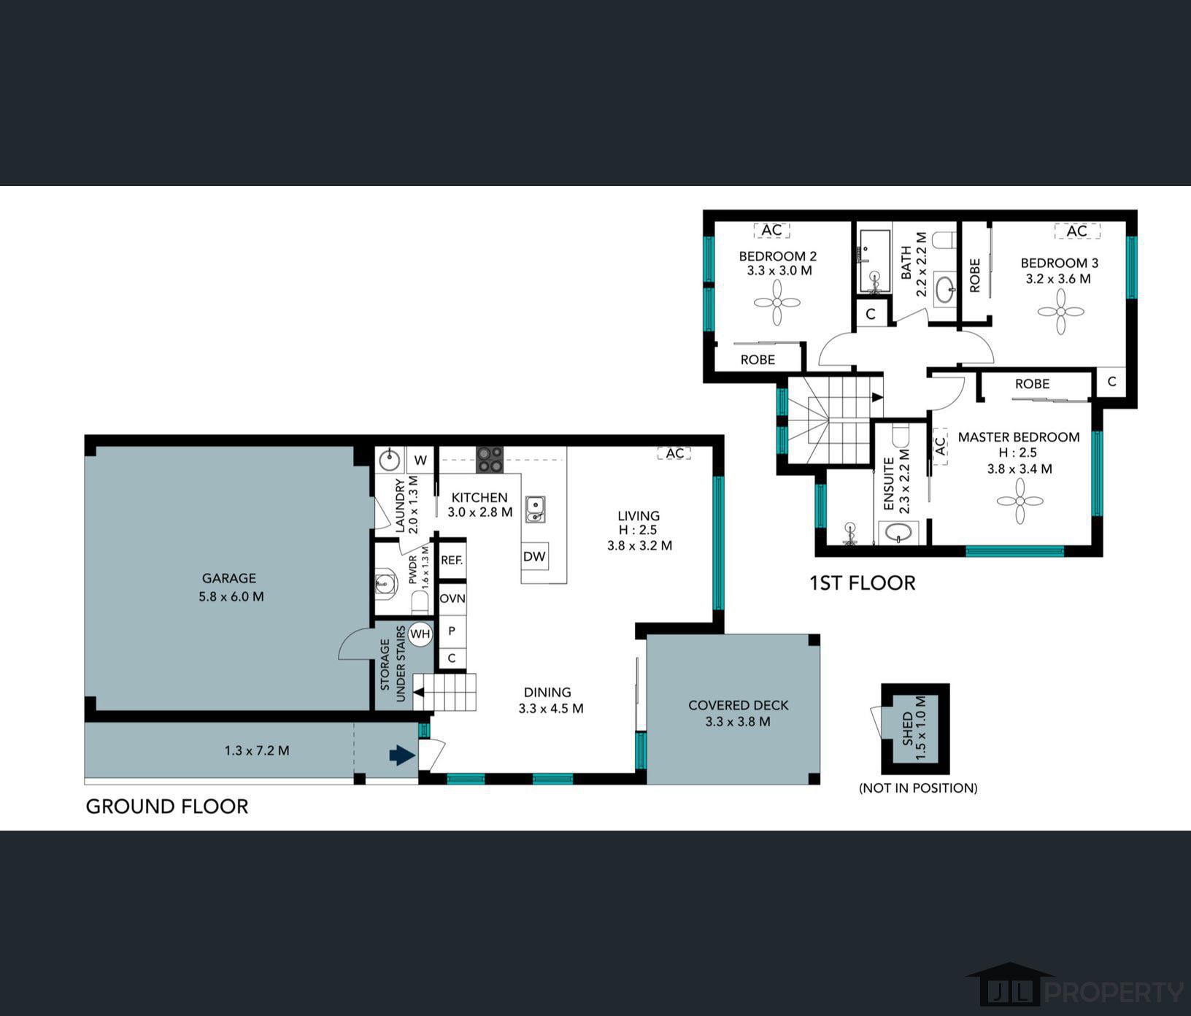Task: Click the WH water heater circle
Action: [x=420, y=634]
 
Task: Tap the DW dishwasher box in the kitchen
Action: [x=534, y=556]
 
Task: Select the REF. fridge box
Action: [x=452, y=561]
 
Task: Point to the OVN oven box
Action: [x=452, y=599]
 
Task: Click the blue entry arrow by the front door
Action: [x=402, y=755]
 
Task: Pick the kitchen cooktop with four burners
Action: [x=490, y=459]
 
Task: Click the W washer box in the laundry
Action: [x=420, y=461]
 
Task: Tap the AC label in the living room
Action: [x=675, y=453]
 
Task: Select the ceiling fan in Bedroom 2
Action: [x=776, y=302]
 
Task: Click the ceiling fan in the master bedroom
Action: [x=1020, y=501]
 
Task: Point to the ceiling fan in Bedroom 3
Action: [x=1060, y=312]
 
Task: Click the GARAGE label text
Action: [x=229, y=578]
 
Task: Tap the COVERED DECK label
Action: [x=739, y=705]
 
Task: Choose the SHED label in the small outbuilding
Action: [x=907, y=728]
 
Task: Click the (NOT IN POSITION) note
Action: [x=918, y=788]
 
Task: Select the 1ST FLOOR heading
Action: [x=862, y=582]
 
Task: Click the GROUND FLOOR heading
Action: [x=167, y=806]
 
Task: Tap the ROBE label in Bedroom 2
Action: [x=758, y=359]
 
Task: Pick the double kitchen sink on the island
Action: [x=535, y=509]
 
